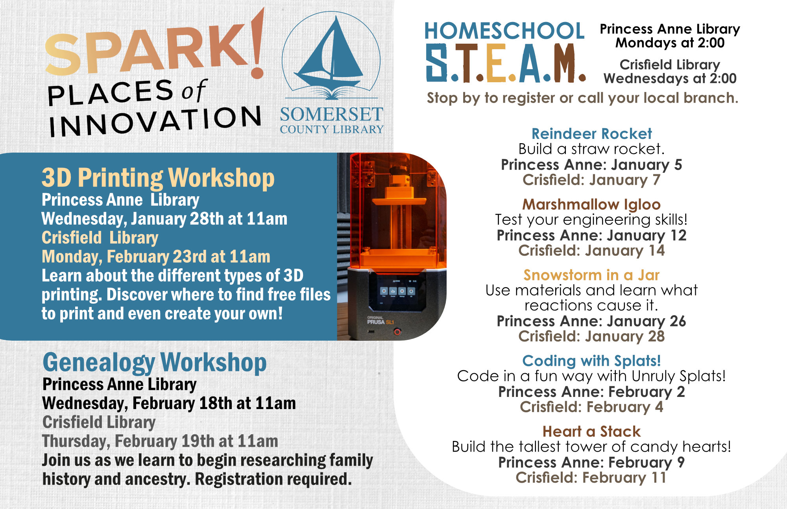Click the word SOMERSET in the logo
click(331, 114)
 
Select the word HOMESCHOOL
click(504, 31)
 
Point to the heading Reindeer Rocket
click(591, 134)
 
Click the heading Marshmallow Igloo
click(591, 205)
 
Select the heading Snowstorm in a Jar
click(591, 275)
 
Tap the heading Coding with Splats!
click(591, 361)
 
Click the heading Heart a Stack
click(591, 432)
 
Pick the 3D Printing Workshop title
click(158, 178)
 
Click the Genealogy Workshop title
click(155, 363)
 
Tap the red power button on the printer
click(397, 332)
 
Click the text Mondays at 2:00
click(670, 43)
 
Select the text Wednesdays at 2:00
click(670, 78)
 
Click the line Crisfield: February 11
click(591, 478)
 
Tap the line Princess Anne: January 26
click(591, 321)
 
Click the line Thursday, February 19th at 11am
click(160, 441)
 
